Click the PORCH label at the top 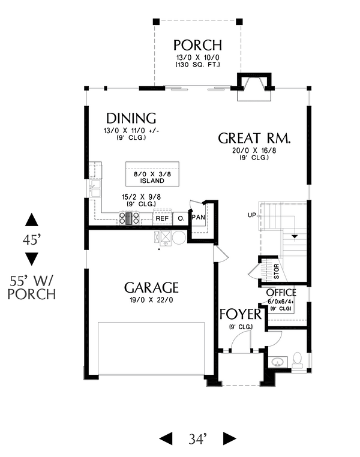pyautogui.click(x=197, y=46)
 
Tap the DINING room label pyautogui.click(x=131, y=118)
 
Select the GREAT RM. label pyautogui.click(x=254, y=138)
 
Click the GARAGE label pyautogui.click(x=151, y=288)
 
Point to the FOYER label pyautogui.click(x=241, y=314)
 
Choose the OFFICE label pyautogui.click(x=281, y=292)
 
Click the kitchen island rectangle pyautogui.click(x=152, y=174)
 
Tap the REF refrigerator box pyautogui.click(x=162, y=218)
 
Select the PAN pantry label pyautogui.click(x=199, y=217)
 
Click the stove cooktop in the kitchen pyautogui.click(x=129, y=218)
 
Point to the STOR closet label pyautogui.click(x=277, y=271)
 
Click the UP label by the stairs pyautogui.click(x=251, y=215)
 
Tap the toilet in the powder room pyautogui.click(x=298, y=360)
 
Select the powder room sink pyautogui.click(x=278, y=362)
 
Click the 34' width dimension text pyautogui.click(x=197, y=439)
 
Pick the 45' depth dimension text pyautogui.click(x=31, y=240)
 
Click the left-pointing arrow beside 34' pyautogui.click(x=166, y=438)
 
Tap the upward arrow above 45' pyautogui.click(x=31, y=220)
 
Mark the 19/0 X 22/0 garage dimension pyautogui.click(x=151, y=300)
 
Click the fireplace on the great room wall pyautogui.click(x=254, y=86)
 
